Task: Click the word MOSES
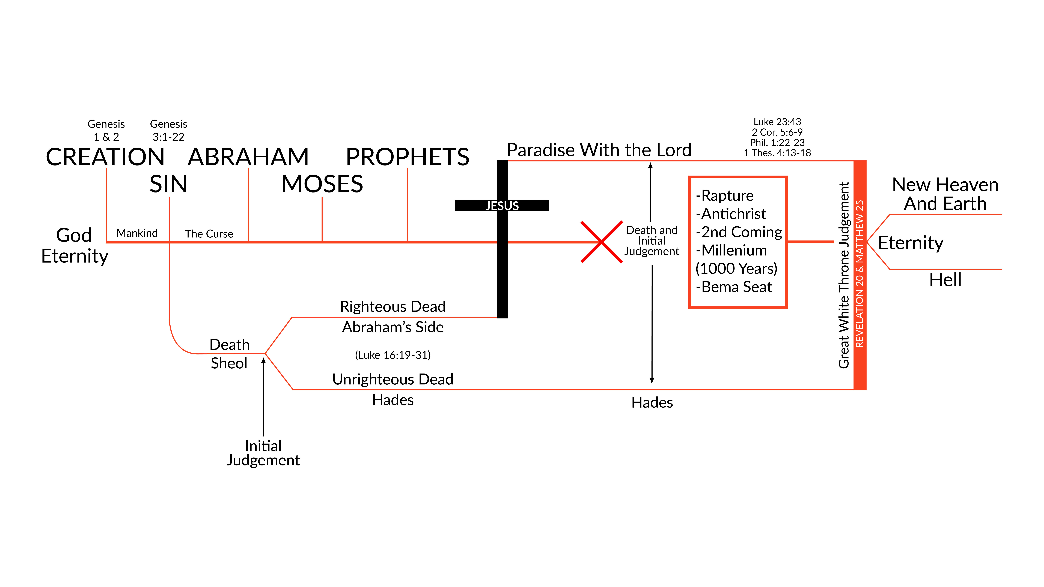[x=322, y=184]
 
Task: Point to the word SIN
[x=169, y=184]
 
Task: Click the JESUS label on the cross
[x=502, y=206]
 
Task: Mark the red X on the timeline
[x=601, y=242]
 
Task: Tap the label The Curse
[x=209, y=234]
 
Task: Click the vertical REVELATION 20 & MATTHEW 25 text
[x=859, y=274]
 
